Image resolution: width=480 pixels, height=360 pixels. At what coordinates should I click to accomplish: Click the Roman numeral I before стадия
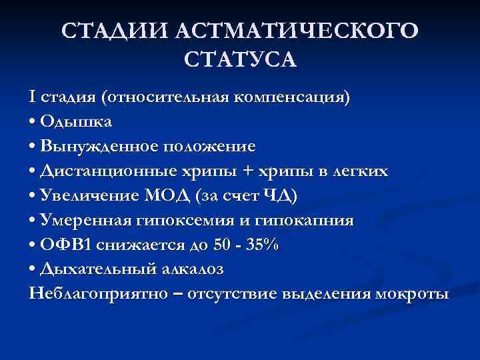pos(33,97)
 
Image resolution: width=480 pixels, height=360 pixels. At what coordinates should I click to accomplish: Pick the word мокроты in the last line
pos(417,293)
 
